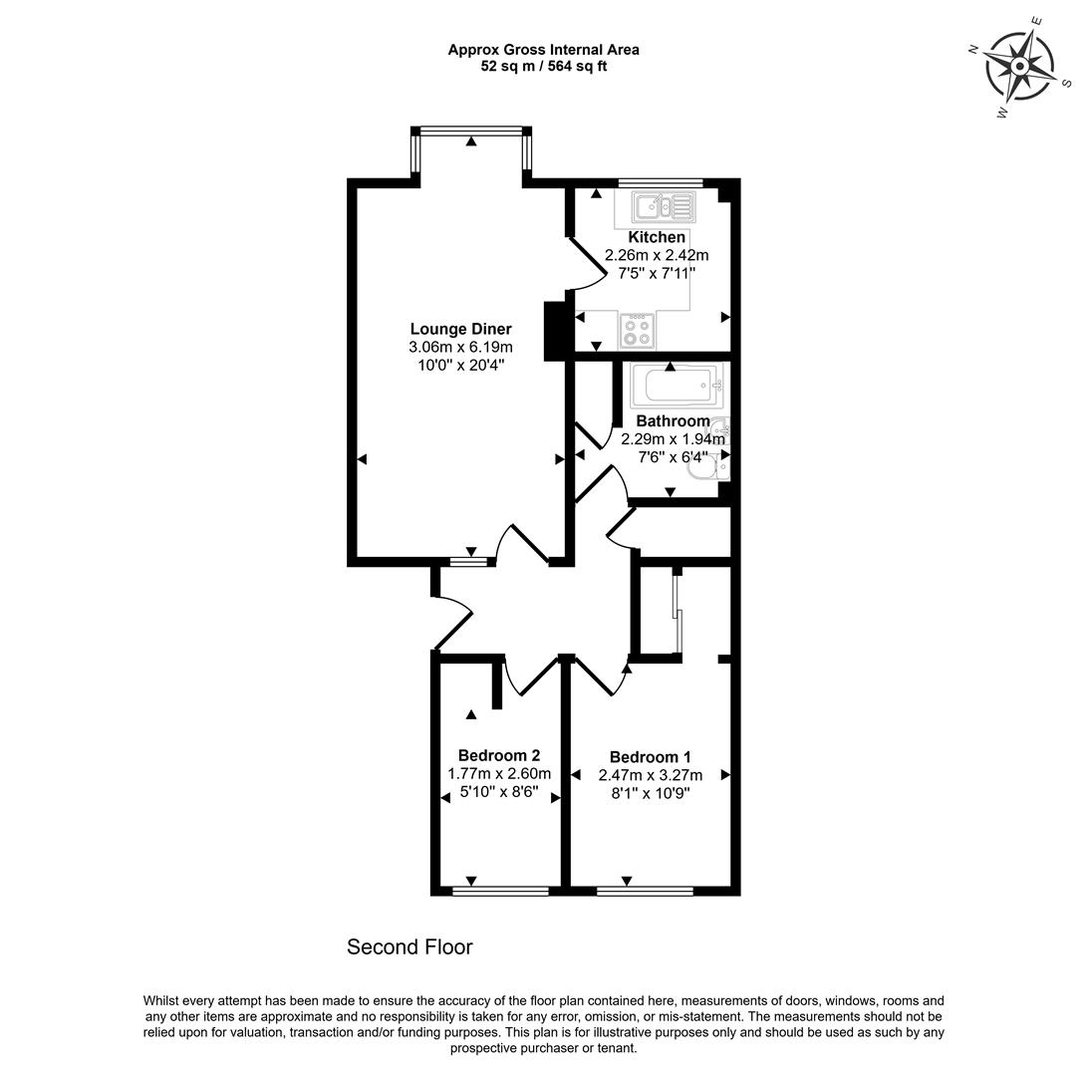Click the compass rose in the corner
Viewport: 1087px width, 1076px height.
1020,67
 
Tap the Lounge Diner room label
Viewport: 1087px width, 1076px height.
460,329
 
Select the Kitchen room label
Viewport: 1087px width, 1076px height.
657,237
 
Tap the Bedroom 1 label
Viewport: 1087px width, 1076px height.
650,756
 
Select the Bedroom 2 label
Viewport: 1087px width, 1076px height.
499,755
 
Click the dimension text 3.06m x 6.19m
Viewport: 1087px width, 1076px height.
460,347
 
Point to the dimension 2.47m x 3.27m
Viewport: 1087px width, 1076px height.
650,775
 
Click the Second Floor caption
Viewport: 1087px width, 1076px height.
409,947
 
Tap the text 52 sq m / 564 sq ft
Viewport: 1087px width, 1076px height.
543,67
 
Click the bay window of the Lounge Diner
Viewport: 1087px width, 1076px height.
470,130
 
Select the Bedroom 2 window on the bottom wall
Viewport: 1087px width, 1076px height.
499,891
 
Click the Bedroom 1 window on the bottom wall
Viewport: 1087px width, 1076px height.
645,891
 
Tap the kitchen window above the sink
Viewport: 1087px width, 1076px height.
660,182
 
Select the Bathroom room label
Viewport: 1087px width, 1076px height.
673,420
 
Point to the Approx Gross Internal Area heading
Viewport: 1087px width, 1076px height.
543,49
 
